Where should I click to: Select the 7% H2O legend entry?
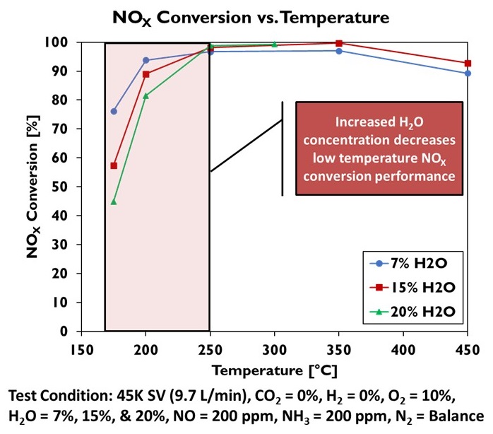pyautogui.click(x=411, y=264)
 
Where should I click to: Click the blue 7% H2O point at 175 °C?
pyautogui.click(x=114, y=111)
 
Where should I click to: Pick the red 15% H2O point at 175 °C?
pyautogui.click(x=114, y=165)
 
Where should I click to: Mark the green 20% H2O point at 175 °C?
pyautogui.click(x=114, y=201)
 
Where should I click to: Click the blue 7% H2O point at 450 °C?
pyautogui.click(x=468, y=73)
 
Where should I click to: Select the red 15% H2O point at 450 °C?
pyautogui.click(x=468, y=63)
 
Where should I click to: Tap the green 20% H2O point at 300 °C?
pyautogui.click(x=275, y=44)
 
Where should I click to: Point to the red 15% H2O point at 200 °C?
pyautogui.click(x=146, y=74)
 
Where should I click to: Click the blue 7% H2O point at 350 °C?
pyautogui.click(x=339, y=51)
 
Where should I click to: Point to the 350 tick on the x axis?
pyautogui.click(x=339, y=348)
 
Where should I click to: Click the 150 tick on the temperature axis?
pyautogui.click(x=82, y=348)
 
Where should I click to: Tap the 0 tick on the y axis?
pyautogui.click(x=67, y=331)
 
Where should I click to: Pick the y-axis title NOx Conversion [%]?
pyautogui.click(x=32, y=187)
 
